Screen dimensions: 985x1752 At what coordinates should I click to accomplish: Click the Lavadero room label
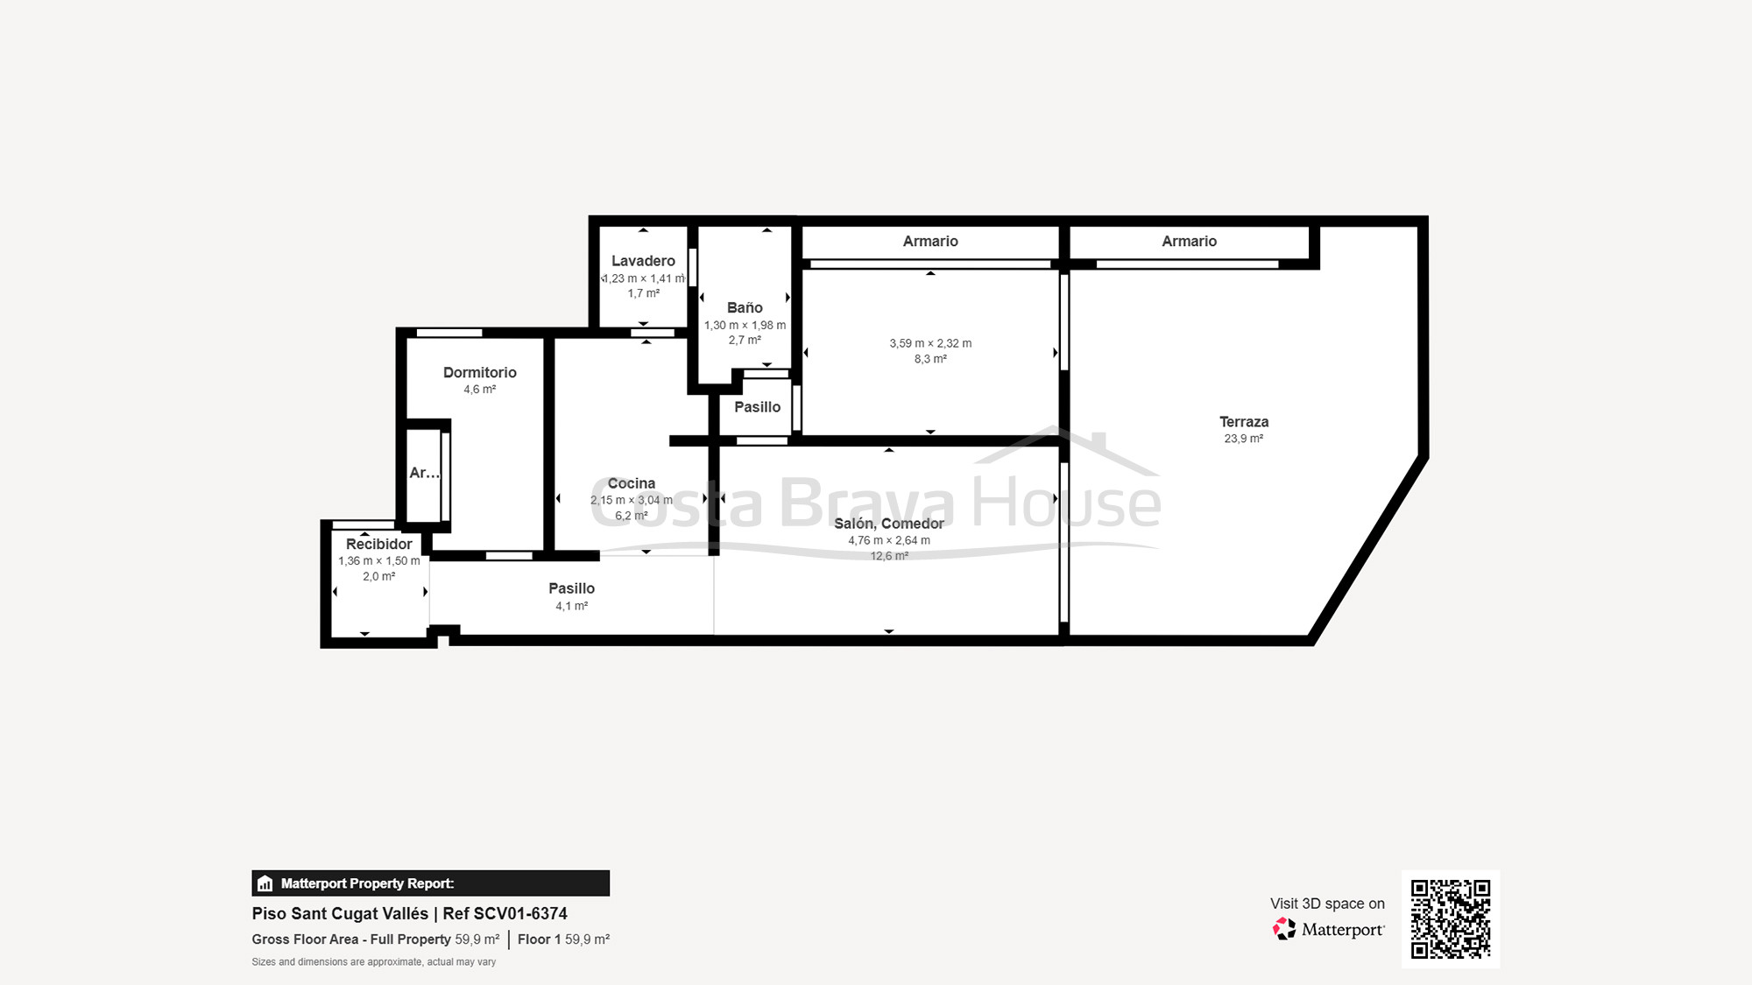point(643,261)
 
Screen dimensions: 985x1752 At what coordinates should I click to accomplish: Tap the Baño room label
point(745,307)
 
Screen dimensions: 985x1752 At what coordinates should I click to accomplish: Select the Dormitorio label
point(479,372)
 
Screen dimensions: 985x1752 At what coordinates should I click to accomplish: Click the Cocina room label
point(631,483)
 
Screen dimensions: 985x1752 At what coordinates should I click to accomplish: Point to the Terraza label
point(1243,422)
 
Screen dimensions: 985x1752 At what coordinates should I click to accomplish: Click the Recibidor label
point(378,544)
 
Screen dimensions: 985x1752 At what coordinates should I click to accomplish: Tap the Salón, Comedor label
point(888,524)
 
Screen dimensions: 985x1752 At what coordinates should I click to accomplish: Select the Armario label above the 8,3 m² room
point(930,241)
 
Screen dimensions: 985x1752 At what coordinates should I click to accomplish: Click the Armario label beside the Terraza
point(1189,241)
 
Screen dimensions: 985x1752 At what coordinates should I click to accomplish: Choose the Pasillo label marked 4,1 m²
point(571,588)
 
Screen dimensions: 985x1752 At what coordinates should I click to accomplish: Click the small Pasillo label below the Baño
point(757,407)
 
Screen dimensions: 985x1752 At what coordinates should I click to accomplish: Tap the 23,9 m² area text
point(1243,439)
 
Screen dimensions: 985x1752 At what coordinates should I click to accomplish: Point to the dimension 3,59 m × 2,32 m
point(930,343)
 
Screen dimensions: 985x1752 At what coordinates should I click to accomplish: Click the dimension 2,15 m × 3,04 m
point(631,500)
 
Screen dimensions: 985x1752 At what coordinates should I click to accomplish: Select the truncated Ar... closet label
point(424,473)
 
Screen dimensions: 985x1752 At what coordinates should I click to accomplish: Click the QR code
point(1450,918)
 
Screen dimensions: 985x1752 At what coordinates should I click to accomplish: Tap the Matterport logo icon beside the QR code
point(1284,929)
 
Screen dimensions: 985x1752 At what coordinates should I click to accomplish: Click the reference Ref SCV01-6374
point(505,913)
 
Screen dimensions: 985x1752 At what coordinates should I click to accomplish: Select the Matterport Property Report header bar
point(430,883)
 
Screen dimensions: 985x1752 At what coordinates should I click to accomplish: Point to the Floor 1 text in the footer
point(539,939)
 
